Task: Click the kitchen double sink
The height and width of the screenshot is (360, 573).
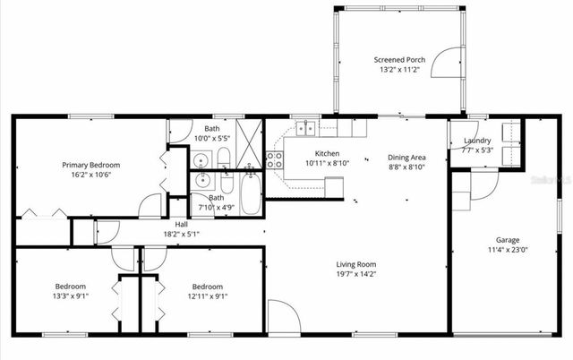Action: click(306, 128)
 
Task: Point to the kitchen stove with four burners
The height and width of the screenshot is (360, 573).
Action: click(275, 160)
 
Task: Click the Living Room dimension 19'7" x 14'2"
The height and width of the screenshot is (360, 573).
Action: click(355, 275)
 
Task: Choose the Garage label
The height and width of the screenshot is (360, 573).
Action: click(508, 239)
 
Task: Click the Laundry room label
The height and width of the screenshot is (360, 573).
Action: click(477, 141)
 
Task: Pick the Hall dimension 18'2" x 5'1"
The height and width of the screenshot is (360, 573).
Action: click(181, 234)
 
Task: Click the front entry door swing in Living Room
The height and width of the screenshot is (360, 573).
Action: click(282, 318)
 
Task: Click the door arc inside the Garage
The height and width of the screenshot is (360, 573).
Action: click(483, 186)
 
